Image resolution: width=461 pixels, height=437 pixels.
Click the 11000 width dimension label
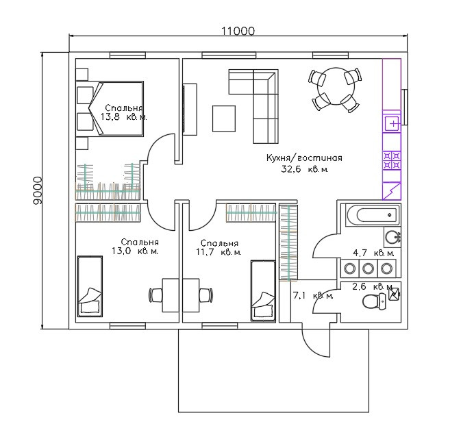[x=238, y=30]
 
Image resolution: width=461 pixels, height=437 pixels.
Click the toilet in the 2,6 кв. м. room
[x=373, y=301]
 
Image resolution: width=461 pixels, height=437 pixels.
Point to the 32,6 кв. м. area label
[x=305, y=168]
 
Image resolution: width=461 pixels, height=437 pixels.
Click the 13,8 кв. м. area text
[x=123, y=117]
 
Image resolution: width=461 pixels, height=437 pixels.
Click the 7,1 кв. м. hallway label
[x=312, y=296]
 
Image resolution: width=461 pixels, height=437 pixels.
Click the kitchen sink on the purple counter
[x=392, y=125]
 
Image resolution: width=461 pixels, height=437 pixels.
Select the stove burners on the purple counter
[x=392, y=160]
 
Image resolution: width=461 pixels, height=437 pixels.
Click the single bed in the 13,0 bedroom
[x=90, y=286]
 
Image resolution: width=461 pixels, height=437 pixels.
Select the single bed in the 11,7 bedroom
[x=263, y=290]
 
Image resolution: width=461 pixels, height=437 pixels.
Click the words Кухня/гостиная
[x=303, y=158]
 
